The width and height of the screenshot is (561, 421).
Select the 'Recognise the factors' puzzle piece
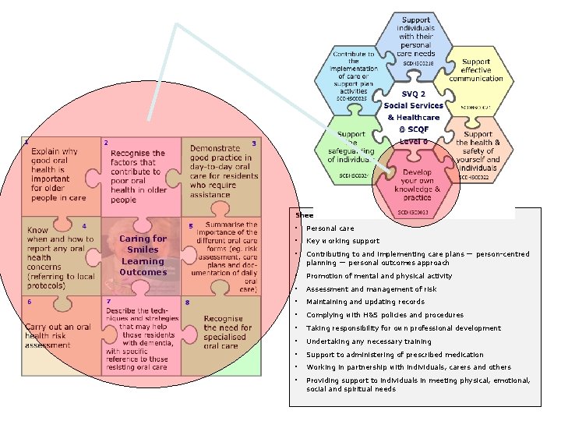coord(138,176)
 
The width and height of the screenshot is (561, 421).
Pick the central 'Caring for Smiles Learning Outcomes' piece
coord(143,256)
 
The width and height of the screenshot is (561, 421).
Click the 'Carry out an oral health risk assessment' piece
coord(59,335)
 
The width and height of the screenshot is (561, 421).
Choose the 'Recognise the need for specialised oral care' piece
coord(227,334)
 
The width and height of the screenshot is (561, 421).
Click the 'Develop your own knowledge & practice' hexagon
coord(416,184)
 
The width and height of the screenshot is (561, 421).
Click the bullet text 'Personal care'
coord(330,228)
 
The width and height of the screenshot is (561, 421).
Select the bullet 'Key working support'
coord(343,241)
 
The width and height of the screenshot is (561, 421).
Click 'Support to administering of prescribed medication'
coord(394,355)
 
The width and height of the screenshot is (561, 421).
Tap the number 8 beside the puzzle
coord(188,302)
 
